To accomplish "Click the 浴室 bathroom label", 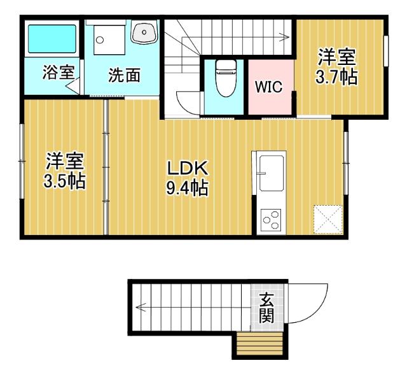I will (58, 73).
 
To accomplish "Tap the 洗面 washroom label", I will (123, 75).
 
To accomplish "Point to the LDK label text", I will (188, 168).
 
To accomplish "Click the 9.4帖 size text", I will (188, 188).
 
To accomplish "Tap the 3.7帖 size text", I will (336, 78).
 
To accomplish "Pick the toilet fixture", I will (224, 77).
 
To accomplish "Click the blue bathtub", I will (52, 39).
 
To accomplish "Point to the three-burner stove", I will (270, 220).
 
